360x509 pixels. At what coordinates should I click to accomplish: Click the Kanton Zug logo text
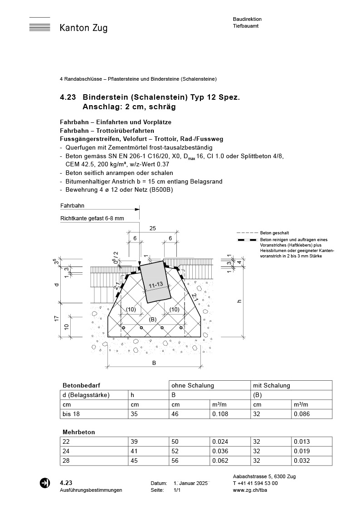(83, 28)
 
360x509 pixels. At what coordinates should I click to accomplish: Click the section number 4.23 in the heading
(68, 97)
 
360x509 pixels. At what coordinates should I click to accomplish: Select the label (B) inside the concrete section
(152, 319)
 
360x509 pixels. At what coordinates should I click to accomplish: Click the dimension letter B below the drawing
(154, 363)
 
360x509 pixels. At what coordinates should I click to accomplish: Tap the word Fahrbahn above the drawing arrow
(72, 205)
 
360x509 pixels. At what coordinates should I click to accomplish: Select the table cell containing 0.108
(220, 414)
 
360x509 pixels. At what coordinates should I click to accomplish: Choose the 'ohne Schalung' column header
(192, 385)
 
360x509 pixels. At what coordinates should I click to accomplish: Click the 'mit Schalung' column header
(271, 385)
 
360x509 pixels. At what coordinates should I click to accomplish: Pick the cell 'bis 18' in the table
(70, 414)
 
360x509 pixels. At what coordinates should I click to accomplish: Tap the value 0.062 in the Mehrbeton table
(220, 461)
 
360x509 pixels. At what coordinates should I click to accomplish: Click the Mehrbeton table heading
(79, 432)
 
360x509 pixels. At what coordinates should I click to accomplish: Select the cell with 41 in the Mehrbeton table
(135, 451)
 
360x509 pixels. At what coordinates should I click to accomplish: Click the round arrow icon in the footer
(45, 483)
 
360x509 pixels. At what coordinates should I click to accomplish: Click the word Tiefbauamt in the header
(246, 26)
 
